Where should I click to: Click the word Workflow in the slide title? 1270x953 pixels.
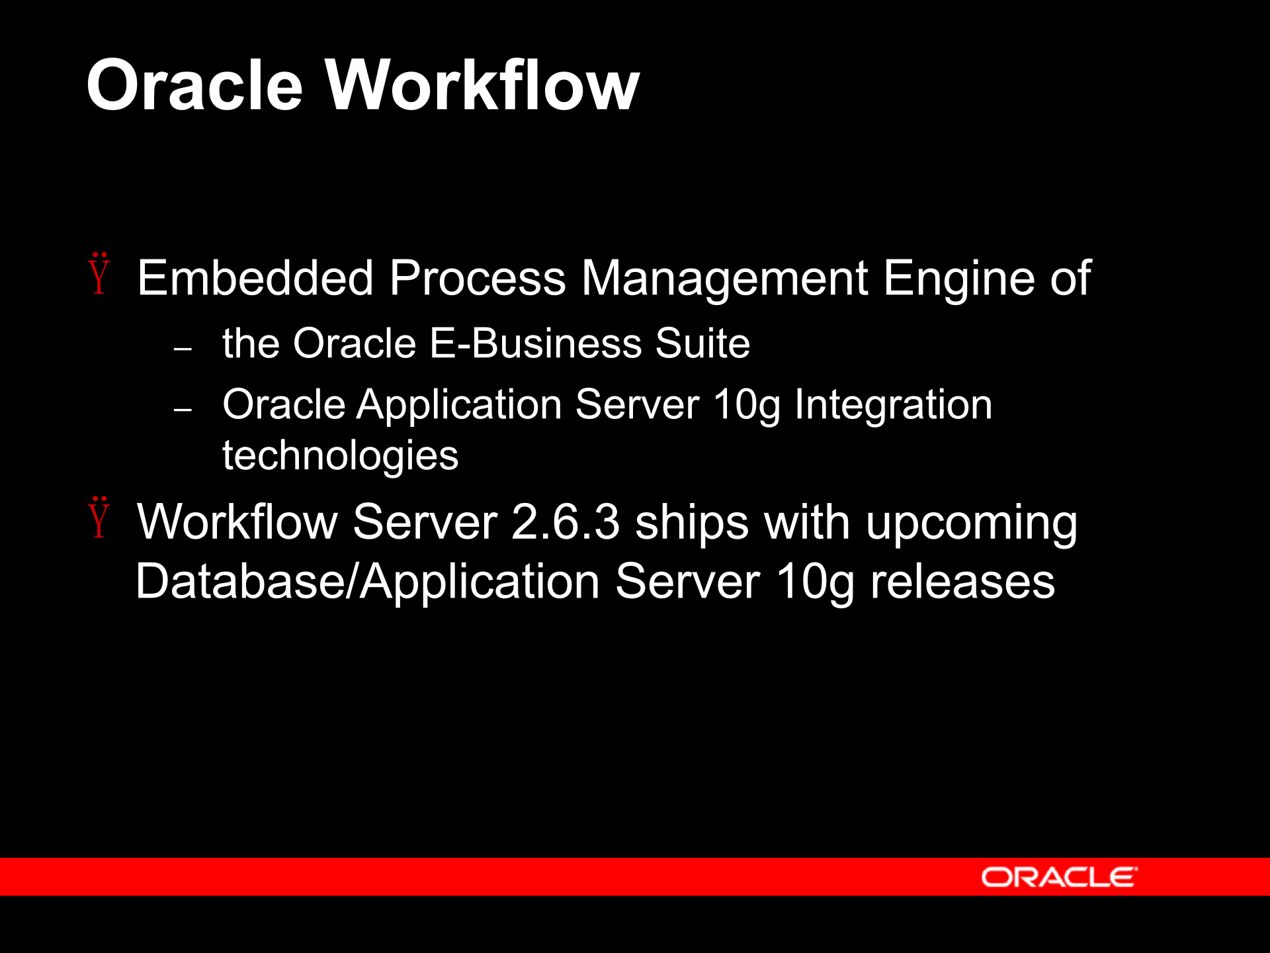point(482,86)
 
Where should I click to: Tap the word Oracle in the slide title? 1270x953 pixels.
point(194,86)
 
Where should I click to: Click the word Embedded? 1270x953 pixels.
point(255,278)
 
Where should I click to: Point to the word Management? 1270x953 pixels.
point(724,278)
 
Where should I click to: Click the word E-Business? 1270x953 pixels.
point(536,343)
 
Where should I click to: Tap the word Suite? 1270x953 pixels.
point(702,343)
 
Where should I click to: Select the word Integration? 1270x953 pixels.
point(893,404)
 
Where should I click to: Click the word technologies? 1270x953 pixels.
point(340,456)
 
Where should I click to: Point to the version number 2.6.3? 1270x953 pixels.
point(566,522)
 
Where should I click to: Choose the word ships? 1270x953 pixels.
point(692,522)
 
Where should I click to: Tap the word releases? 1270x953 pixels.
point(962,582)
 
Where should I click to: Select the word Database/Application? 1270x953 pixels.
point(368,582)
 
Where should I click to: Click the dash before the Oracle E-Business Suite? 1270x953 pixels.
point(183,348)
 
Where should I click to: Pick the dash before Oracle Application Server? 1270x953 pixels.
point(183,410)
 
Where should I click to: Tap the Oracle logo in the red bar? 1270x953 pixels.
point(1059,877)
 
